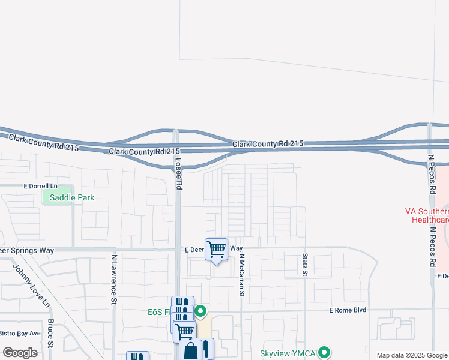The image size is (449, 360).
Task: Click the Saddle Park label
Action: (72, 197)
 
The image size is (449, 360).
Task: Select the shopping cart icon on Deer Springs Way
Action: (216, 248)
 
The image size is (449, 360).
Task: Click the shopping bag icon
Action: (191, 350)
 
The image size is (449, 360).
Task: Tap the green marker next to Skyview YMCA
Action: (325, 352)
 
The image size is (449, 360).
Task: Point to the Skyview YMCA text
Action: (288, 353)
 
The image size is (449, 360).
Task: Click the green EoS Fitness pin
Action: (201, 311)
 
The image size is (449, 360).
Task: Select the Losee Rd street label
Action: (178, 170)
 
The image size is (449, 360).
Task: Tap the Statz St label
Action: (304, 265)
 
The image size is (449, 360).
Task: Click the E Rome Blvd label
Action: (348, 310)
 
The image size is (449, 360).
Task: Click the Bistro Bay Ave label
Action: (20, 333)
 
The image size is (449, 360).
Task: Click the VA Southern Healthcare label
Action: (427, 215)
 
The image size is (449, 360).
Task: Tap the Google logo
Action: (20, 353)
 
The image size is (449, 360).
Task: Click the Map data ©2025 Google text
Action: (412, 355)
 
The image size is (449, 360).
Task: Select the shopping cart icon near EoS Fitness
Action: (184, 329)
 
